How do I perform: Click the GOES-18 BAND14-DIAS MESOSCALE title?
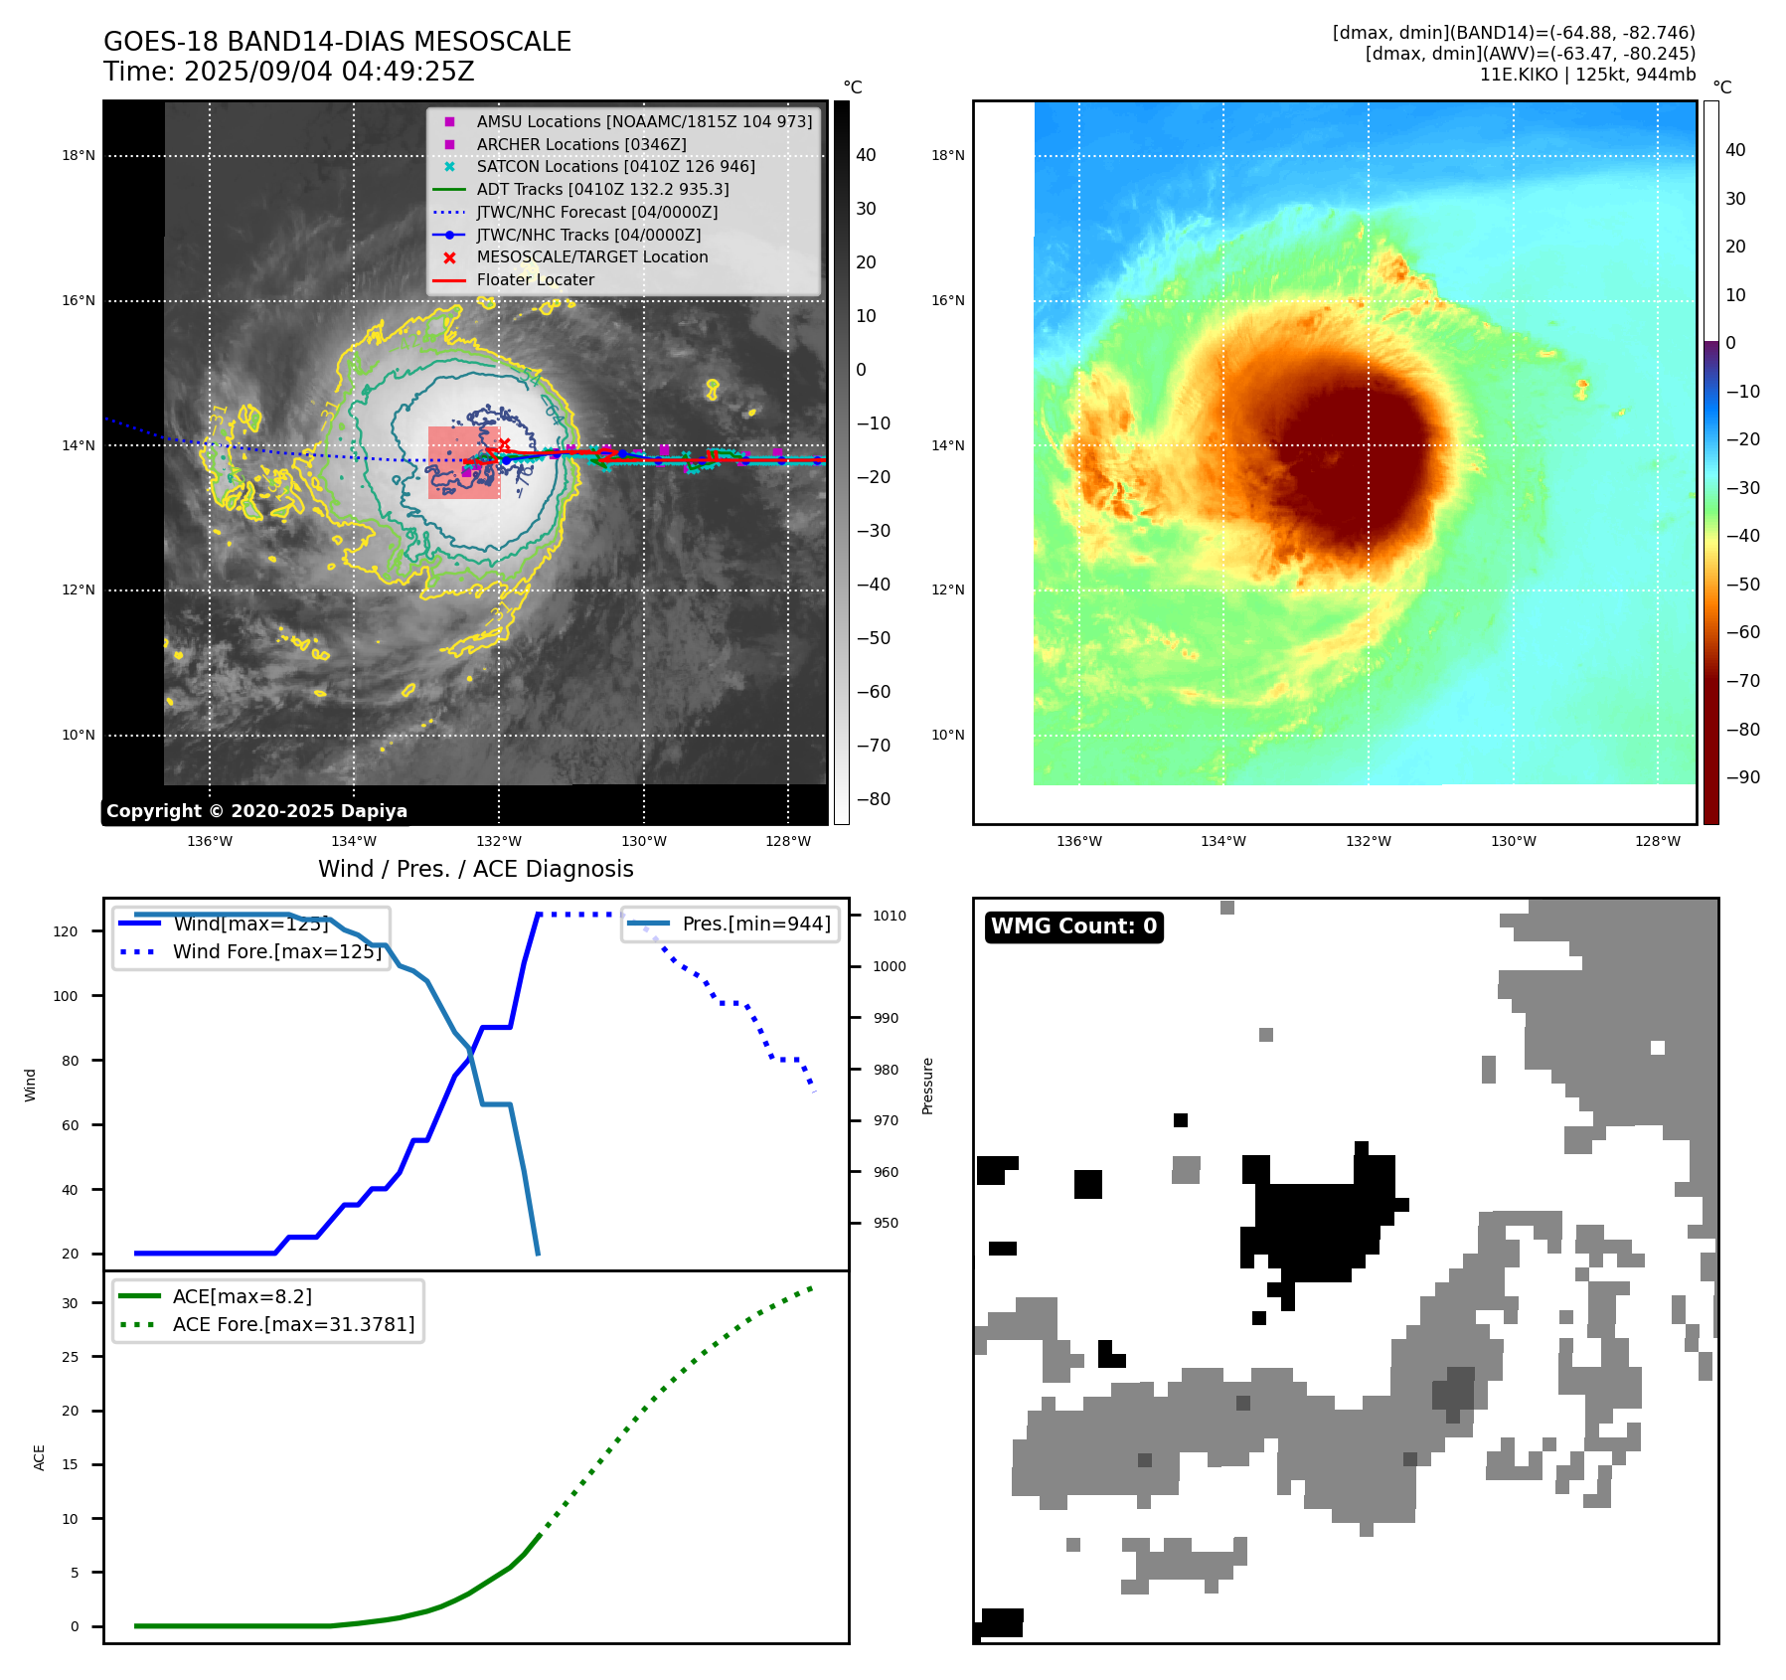coord(337,42)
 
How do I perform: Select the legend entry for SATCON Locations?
coord(615,167)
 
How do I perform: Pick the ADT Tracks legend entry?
coord(602,189)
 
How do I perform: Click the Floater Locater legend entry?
coord(535,280)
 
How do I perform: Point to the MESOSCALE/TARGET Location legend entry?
coord(591,257)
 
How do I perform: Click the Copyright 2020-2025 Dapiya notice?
coord(256,811)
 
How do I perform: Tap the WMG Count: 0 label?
coord(1073,926)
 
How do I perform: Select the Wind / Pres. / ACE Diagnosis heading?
coord(475,869)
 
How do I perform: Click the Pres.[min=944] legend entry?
coord(755,924)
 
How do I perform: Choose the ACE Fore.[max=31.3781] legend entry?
coord(293,1324)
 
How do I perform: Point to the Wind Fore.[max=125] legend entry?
coord(276,951)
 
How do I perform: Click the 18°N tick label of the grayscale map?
coord(79,156)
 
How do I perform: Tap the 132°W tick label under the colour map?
coord(1368,842)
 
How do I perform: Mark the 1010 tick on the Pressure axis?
coord(890,916)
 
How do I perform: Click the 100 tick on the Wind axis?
coord(66,996)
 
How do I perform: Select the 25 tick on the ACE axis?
coord(70,1357)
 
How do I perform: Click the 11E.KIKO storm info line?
coord(1586,75)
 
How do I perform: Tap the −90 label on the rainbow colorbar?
coord(1742,777)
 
